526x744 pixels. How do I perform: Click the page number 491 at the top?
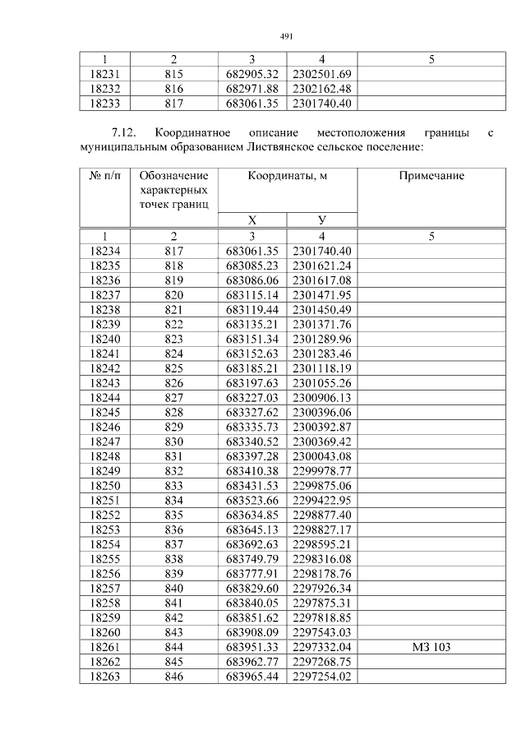coord(286,36)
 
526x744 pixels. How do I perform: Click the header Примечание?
coord(431,176)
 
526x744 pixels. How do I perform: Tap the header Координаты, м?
coord(287,176)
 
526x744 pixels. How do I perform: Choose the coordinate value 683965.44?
coord(251,677)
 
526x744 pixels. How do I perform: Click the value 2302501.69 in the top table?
coord(321,74)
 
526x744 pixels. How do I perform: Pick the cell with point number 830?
coord(173,441)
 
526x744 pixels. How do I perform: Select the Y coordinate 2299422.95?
coord(321,500)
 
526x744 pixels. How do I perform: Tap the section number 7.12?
coord(127,132)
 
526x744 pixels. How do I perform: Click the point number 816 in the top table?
coord(173,89)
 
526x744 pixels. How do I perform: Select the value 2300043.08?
coord(321,456)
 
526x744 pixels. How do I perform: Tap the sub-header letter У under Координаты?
coord(321,220)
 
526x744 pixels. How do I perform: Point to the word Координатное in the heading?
coord(191,132)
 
